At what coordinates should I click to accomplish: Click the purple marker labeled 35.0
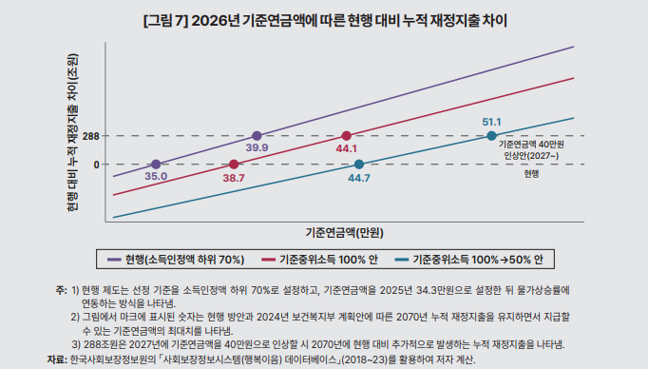coord(156,165)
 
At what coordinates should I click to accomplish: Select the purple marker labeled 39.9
coord(256,136)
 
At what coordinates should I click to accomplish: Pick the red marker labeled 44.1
coord(346,136)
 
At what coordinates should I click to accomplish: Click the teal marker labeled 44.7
coord(358,165)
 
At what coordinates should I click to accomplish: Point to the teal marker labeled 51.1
coord(491,136)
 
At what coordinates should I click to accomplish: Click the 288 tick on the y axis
coord(91,137)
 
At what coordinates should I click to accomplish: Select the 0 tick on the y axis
coord(96,165)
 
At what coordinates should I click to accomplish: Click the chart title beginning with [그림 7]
coord(324,18)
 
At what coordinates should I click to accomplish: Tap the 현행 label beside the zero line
coord(530,174)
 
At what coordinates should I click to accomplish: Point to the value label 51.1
coord(491,122)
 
